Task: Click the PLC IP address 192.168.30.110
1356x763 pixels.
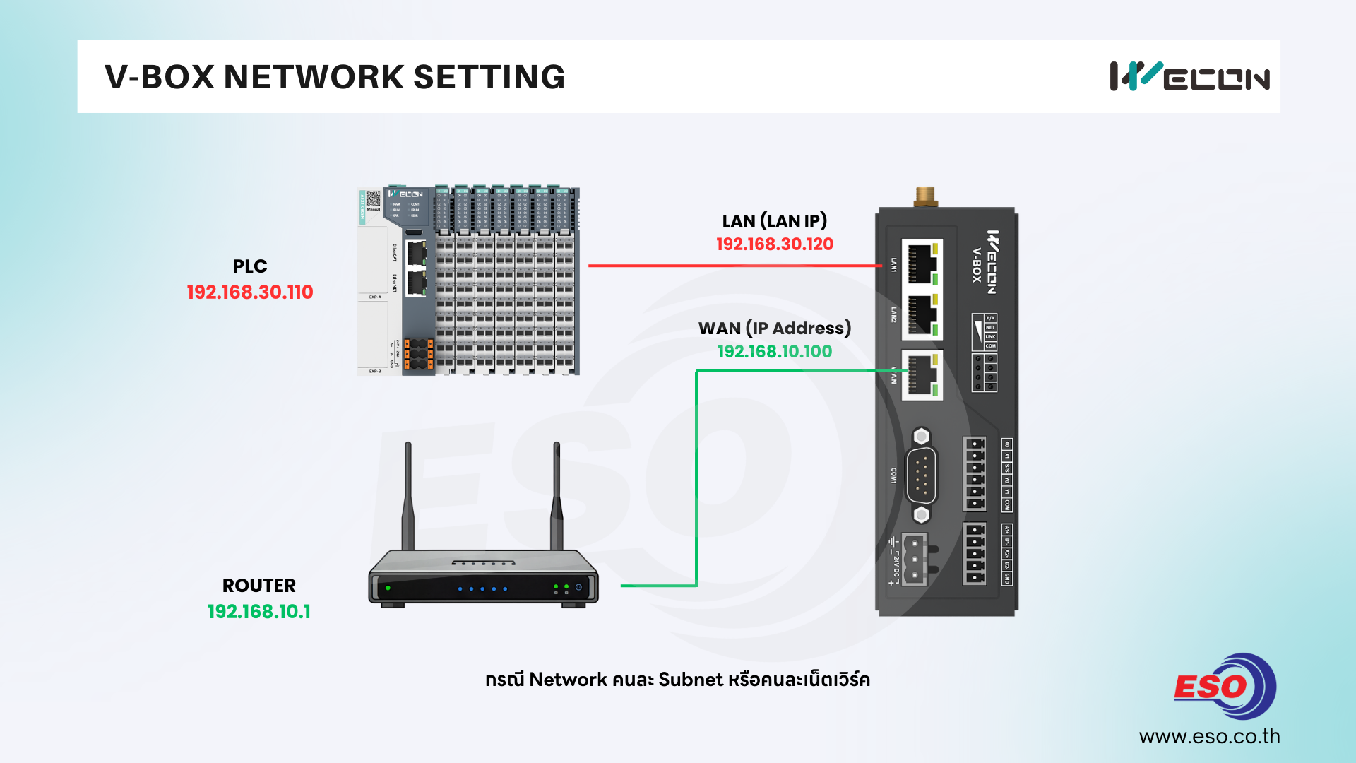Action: pos(250,292)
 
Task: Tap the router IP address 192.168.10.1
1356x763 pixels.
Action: pos(258,612)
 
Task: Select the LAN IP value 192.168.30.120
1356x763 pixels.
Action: pos(774,244)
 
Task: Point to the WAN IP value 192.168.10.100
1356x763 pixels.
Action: pos(774,352)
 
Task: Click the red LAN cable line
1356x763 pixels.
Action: pos(734,266)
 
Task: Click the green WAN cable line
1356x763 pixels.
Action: pos(696,480)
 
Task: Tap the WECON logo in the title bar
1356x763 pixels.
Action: pos(1189,77)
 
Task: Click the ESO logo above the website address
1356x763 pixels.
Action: pos(1225,686)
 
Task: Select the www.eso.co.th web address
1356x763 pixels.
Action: pos(1209,737)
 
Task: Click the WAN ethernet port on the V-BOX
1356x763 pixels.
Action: pos(922,374)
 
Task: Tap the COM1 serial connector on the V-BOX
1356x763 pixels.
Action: pos(921,475)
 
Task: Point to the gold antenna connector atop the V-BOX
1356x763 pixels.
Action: pos(924,196)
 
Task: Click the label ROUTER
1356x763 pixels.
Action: pos(258,586)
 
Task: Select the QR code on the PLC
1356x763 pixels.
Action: pos(374,199)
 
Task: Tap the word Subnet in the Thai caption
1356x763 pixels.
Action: pos(691,680)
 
